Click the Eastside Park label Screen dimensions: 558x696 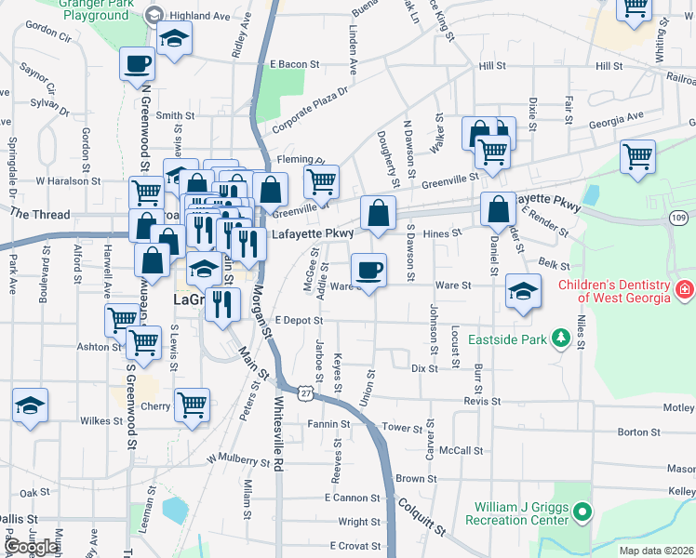[507, 339]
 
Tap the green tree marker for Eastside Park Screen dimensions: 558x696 [561, 339]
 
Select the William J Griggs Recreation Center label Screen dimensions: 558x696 [521, 513]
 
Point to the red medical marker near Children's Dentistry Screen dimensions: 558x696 [686, 289]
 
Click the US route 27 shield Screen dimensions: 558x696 [305, 394]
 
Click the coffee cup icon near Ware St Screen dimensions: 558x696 [369, 270]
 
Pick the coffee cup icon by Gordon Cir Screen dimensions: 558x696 [138, 64]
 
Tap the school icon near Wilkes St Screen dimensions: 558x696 [31, 406]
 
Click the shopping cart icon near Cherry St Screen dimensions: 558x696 [192, 405]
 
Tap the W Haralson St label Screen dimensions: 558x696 [67, 181]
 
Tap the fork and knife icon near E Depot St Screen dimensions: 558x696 [222, 303]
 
